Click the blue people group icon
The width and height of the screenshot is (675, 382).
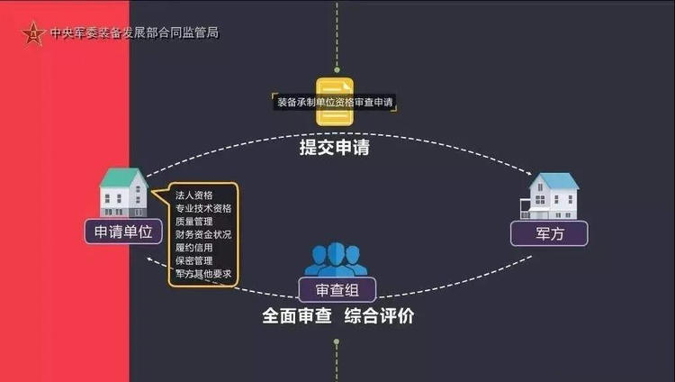[336, 260]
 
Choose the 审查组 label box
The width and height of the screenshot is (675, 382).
[337, 289]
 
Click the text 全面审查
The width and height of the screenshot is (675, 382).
[292, 317]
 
